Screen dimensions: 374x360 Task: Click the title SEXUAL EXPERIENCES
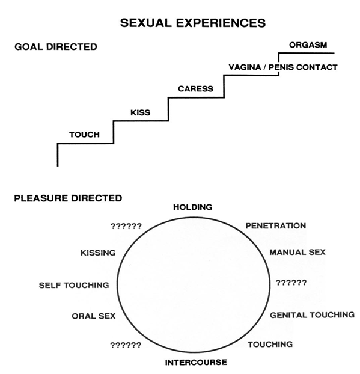pos(193,23)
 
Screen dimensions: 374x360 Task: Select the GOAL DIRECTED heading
pos(55,47)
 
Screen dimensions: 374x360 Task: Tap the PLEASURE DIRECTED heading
pos(68,198)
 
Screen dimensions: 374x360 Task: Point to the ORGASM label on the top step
pos(308,44)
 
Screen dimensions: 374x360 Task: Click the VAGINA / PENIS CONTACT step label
pos(282,67)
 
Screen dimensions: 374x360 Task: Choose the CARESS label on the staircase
pos(195,89)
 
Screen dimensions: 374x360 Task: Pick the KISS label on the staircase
pos(140,112)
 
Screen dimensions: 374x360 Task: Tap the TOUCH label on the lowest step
pos(84,135)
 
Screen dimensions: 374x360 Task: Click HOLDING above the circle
pos(192,207)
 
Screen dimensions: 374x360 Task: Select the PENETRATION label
pos(275,226)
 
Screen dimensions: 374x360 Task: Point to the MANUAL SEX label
pos(297,252)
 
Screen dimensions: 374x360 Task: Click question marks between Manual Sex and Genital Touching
pos(291,282)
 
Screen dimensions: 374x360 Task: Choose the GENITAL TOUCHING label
pos(311,314)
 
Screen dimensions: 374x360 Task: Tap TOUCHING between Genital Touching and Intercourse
pos(270,345)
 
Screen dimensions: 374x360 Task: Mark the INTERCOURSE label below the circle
pos(196,362)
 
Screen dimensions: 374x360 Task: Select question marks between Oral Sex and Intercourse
pos(126,345)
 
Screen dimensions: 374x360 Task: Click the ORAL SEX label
pos(93,316)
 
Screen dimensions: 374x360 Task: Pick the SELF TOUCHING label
pos(74,284)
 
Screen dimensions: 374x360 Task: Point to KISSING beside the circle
pos(97,253)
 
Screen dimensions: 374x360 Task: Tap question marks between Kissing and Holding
pos(126,226)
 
